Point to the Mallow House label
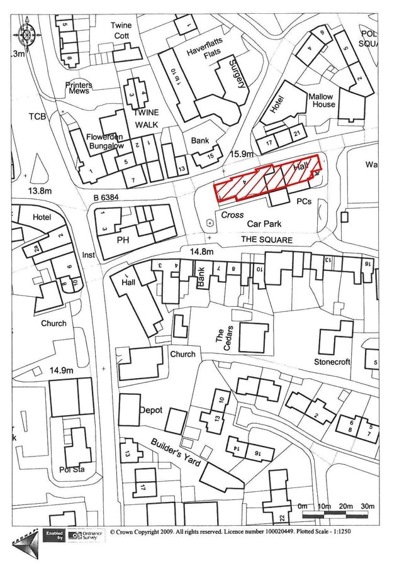(322, 101)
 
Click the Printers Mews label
(79, 89)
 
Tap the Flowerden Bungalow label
(106, 141)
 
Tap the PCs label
(304, 202)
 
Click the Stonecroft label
(332, 362)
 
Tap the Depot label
(150, 410)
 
